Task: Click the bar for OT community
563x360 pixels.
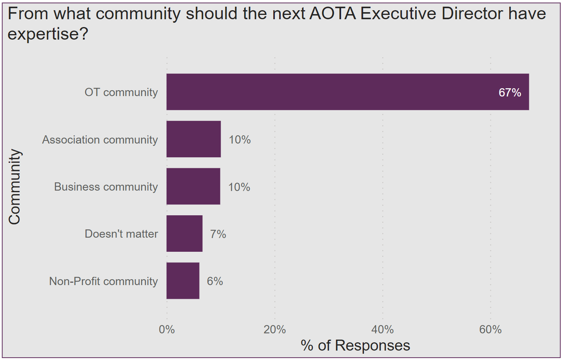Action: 347,92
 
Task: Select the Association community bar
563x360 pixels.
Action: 194,139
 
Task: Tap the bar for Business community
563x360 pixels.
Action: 193,186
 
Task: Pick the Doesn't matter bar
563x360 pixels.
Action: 184,234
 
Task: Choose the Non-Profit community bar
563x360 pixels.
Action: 183,281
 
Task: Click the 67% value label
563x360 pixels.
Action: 510,93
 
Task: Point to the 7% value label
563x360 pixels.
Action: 218,234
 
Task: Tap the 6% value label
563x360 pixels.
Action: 215,281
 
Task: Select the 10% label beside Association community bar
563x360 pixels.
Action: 240,140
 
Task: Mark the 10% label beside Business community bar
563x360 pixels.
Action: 239,187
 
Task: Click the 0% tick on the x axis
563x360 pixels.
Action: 167,329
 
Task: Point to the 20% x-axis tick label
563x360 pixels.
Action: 274,329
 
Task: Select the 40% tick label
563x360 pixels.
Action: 382,329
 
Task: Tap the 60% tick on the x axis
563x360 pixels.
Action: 490,329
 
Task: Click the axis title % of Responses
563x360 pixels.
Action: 355,345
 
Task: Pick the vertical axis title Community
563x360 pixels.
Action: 15,187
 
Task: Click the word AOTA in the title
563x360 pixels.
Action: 332,14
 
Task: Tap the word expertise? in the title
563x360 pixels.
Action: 48,34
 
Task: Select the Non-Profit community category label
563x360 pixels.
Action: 103,281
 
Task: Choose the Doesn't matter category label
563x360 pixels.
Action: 121,234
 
